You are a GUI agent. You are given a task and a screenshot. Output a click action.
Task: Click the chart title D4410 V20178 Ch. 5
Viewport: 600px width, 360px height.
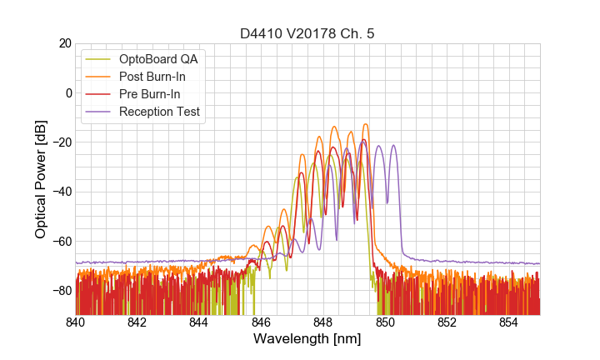click(307, 33)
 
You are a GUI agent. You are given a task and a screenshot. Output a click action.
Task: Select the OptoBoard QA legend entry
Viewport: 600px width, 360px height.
click(159, 59)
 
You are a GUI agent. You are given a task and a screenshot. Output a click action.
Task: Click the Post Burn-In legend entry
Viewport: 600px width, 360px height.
click(152, 77)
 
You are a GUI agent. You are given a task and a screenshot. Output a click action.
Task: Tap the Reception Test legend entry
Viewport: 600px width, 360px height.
click(159, 112)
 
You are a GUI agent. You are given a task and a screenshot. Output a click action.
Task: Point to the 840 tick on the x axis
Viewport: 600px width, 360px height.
click(76, 322)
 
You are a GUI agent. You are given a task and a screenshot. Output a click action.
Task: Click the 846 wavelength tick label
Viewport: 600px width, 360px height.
click(261, 322)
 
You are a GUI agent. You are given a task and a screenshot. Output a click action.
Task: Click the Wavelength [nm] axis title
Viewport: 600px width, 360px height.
click(307, 339)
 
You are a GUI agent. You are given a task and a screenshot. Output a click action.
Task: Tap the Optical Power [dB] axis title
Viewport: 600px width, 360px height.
click(41, 179)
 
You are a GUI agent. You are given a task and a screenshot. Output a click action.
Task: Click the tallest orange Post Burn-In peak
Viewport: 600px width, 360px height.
click(365, 125)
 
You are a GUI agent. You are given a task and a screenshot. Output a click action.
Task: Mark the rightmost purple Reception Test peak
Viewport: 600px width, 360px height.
click(393, 146)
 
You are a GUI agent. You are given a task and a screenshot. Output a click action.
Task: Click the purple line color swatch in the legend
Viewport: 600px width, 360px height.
click(99, 112)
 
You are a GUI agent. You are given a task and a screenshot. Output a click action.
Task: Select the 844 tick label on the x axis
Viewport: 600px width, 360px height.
click(199, 322)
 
